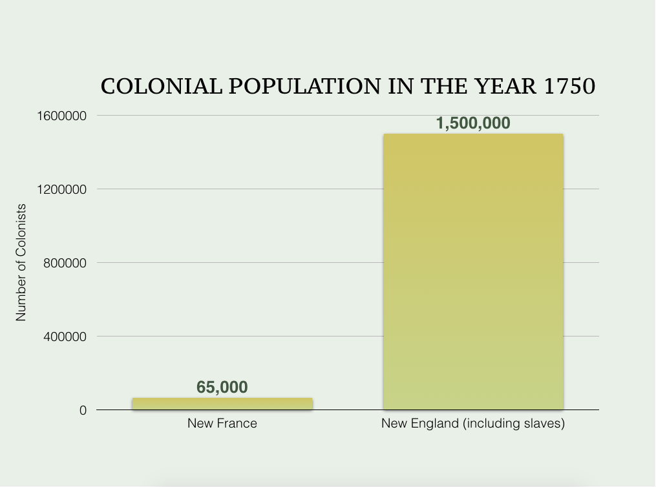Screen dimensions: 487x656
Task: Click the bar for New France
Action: coord(222,404)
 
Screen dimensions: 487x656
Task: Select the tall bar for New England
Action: coord(473,271)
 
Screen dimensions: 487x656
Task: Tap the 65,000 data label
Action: coord(222,387)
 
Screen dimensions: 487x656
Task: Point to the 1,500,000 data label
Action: coord(473,123)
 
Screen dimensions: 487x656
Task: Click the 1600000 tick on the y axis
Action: coord(62,116)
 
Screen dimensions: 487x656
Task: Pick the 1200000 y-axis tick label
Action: coord(62,189)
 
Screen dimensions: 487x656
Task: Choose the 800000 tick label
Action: coord(65,263)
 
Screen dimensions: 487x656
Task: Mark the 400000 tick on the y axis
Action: coord(65,337)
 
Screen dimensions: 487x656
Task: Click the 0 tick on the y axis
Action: coord(83,410)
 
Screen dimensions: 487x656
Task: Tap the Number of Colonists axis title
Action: coord(21,262)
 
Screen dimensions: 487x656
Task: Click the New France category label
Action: coord(222,424)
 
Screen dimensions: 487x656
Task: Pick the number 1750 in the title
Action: coord(569,87)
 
